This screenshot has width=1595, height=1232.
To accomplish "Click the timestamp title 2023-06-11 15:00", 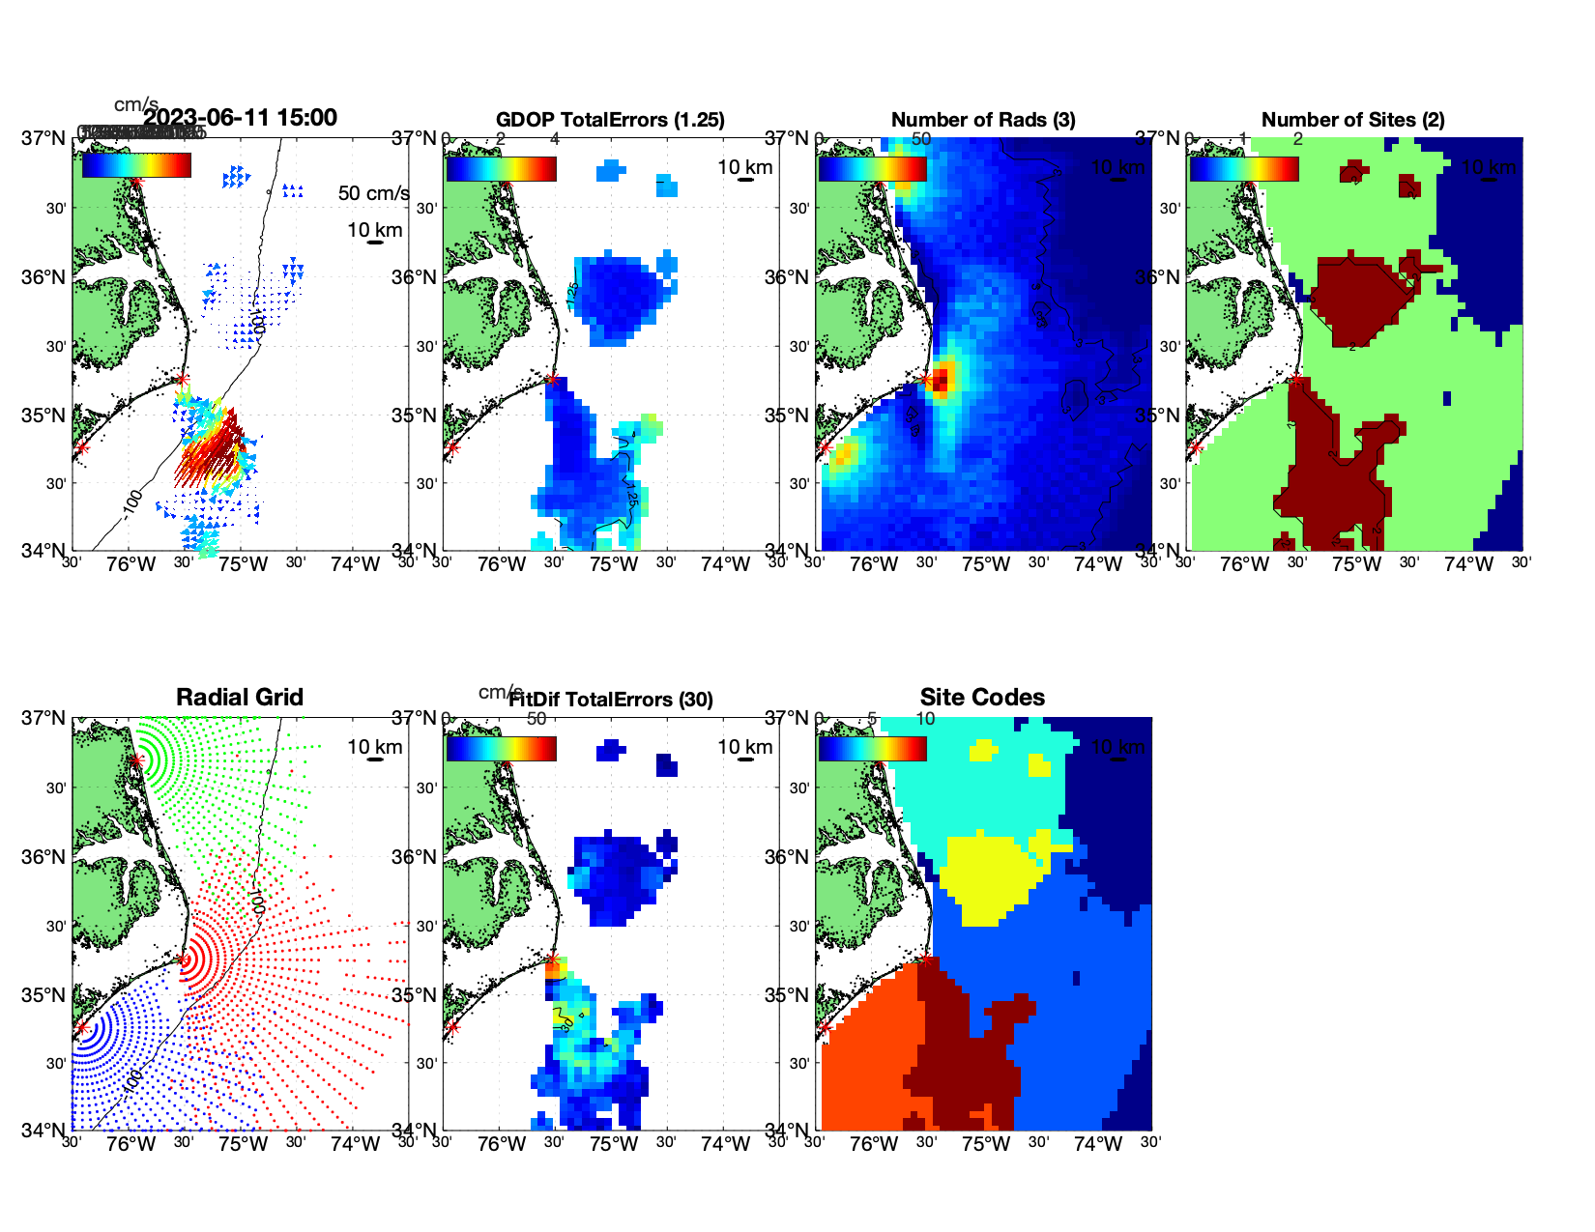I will pyautogui.click(x=240, y=118).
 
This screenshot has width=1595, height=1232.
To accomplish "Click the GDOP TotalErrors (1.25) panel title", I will pyautogui.click(x=609, y=120).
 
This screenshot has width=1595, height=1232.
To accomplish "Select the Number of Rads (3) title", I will pyautogui.click(x=982, y=120).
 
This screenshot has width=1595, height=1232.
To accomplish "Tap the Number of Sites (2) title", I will pyautogui.click(x=1352, y=120).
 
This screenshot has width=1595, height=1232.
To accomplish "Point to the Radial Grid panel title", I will pyautogui.click(x=240, y=698).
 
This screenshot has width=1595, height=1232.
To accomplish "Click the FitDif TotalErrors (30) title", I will pyautogui.click(x=611, y=700).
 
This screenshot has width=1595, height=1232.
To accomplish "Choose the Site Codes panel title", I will pyautogui.click(x=982, y=698).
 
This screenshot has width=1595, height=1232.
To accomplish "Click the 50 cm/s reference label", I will pyautogui.click(x=373, y=193).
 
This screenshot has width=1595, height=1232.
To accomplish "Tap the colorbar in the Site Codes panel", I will pyautogui.click(x=872, y=749).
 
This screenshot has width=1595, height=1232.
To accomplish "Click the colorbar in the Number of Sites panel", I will pyautogui.click(x=1243, y=169).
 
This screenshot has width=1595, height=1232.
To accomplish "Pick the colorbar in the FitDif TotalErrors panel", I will pyautogui.click(x=501, y=749).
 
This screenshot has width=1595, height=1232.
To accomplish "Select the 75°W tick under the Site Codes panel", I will pyautogui.click(x=986, y=1144).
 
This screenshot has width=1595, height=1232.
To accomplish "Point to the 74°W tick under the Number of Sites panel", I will pyautogui.click(x=1468, y=564).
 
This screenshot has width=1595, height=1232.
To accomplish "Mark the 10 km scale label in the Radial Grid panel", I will pyautogui.click(x=374, y=747).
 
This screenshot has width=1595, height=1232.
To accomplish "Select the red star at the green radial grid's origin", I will pyautogui.click(x=136, y=760).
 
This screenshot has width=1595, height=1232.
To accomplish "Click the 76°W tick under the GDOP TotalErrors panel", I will pyautogui.click(x=502, y=564).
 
